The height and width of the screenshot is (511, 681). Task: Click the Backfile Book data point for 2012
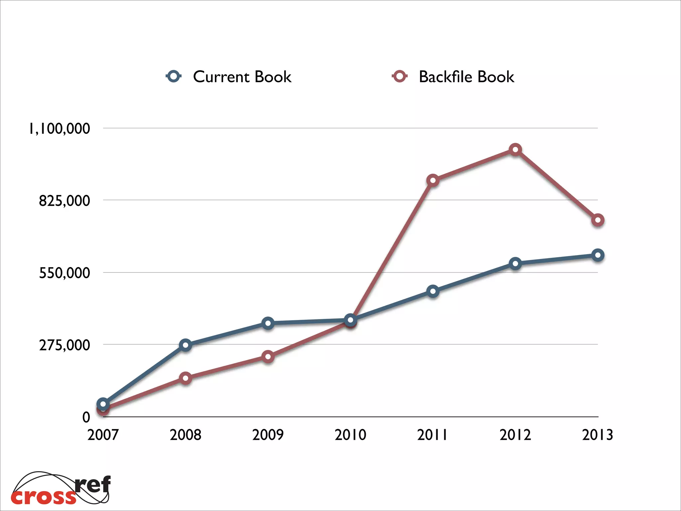point(515,149)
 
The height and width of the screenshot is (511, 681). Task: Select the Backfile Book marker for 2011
point(433,180)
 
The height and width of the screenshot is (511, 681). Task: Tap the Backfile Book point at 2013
point(598,220)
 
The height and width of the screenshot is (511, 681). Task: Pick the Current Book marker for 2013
point(598,255)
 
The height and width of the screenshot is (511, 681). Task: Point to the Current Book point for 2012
point(515,263)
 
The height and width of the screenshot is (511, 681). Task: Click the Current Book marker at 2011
point(433,291)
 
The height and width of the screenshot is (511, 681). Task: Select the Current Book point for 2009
point(268,323)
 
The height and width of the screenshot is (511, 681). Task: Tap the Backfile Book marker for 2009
point(268,357)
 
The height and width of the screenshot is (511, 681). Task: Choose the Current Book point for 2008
point(185,345)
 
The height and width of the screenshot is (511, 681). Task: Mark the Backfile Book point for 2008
point(185,378)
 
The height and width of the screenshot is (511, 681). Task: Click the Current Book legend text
point(242,77)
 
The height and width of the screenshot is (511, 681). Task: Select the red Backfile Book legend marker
point(399,76)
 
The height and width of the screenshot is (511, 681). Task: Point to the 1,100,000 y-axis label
point(60,129)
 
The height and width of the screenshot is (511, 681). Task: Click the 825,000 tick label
point(65,201)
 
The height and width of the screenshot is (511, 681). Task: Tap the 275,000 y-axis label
point(65,345)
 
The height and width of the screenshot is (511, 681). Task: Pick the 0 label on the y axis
point(86,417)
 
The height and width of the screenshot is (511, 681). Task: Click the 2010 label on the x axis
point(350,435)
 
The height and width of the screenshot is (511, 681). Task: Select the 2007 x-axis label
point(103,435)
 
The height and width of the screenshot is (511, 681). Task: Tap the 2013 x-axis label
point(598,435)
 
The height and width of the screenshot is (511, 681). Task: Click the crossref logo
point(61,488)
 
